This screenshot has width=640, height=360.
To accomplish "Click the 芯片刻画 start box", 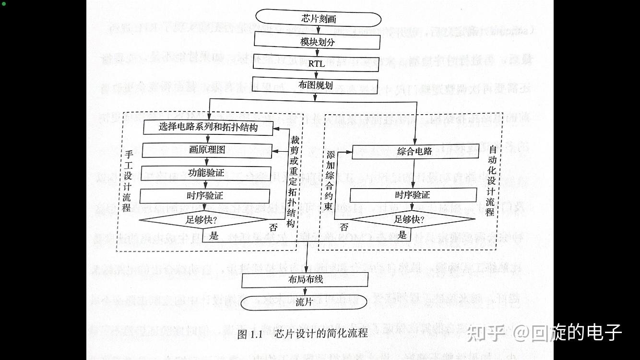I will (x=318, y=19).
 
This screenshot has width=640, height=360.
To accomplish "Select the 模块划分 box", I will (x=317, y=41).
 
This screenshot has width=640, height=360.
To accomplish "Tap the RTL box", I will (x=316, y=63).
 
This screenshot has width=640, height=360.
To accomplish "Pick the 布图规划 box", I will (x=315, y=85).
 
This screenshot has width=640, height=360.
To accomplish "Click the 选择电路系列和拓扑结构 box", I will (x=208, y=127).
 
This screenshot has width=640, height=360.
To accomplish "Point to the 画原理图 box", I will (x=207, y=150).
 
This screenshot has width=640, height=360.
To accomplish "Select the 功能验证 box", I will (x=206, y=173).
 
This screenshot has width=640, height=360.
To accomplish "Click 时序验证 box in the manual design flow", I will (x=205, y=196).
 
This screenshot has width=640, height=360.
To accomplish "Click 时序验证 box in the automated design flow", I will (x=413, y=195).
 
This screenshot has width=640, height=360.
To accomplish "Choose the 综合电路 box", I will (x=415, y=152).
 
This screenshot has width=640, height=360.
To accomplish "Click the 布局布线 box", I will (x=305, y=279).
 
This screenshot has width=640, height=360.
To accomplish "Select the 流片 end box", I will (x=304, y=302).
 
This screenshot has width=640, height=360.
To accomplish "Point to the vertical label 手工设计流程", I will (x=127, y=181).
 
